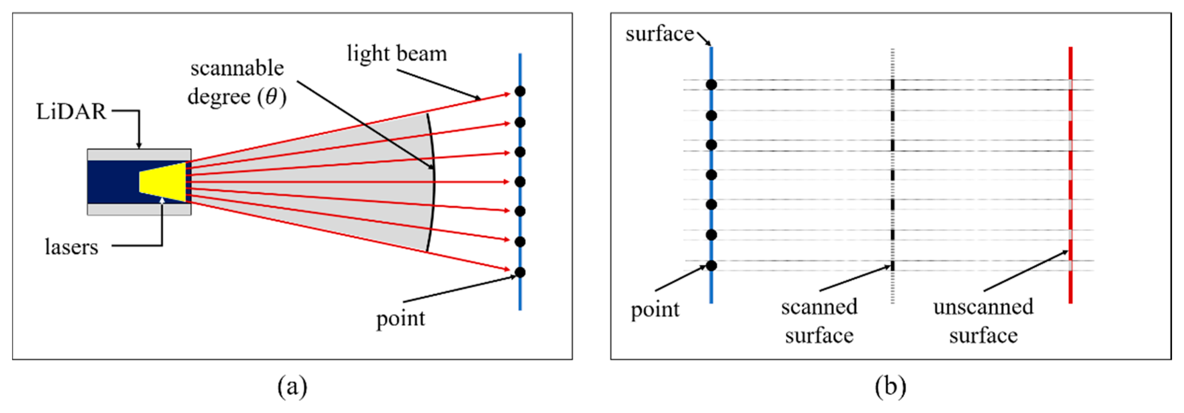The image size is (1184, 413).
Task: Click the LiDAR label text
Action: (71, 112)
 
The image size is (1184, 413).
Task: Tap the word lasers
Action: (71, 247)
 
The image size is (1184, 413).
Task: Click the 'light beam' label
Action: (397, 54)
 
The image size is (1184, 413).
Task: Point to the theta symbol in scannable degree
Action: (272, 96)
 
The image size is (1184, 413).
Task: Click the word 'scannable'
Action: (237, 68)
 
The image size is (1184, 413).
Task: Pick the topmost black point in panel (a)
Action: (520, 91)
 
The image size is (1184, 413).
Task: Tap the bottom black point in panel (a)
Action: (520, 272)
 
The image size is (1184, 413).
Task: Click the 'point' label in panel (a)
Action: (400, 319)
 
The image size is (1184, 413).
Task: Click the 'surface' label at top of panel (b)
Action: (659, 34)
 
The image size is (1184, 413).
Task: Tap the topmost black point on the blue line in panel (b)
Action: (711, 84)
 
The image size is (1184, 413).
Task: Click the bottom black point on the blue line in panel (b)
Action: (711, 265)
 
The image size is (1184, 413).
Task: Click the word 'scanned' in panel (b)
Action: (819, 307)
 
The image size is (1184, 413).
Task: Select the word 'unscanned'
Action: (983, 307)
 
